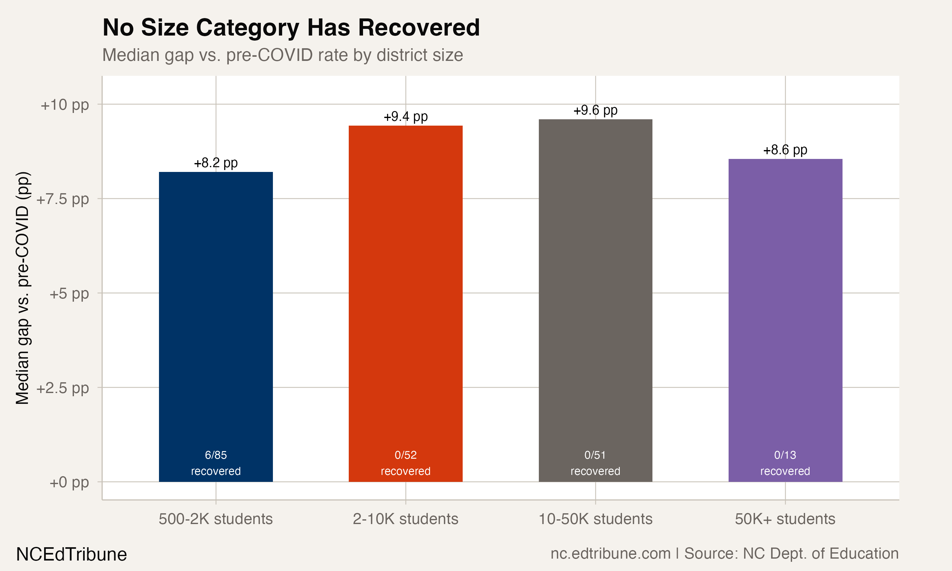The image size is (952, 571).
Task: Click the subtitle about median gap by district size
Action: click(282, 55)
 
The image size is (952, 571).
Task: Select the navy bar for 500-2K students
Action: click(215, 308)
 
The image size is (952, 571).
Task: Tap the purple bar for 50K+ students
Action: click(785, 308)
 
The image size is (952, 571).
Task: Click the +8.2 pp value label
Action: click(215, 163)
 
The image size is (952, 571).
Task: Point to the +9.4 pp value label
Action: click(405, 117)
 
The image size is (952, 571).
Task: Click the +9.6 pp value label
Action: click(595, 110)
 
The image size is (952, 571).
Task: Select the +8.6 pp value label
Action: click(785, 150)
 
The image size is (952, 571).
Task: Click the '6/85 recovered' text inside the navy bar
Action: click(215, 463)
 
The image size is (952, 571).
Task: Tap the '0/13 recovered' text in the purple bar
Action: click(785, 463)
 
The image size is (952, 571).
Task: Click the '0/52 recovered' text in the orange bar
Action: click(405, 463)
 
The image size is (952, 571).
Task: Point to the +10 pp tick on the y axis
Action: click(65, 105)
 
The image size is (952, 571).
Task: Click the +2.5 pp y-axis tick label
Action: click(62, 388)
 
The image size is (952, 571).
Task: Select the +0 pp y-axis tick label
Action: click(69, 482)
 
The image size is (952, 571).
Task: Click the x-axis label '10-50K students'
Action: click(595, 519)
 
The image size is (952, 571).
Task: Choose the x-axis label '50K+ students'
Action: click(785, 519)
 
